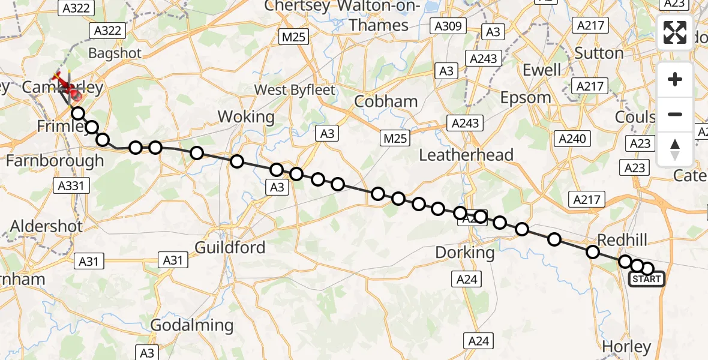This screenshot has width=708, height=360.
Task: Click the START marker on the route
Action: (x=646, y=279)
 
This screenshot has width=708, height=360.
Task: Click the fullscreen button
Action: (x=675, y=32)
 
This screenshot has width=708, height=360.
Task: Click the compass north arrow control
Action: (x=675, y=149)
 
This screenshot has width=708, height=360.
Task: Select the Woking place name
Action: (x=246, y=116)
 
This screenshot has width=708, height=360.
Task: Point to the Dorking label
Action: (x=464, y=253)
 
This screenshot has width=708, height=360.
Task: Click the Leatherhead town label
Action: (x=466, y=155)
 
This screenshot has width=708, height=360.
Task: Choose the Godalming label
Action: (x=191, y=326)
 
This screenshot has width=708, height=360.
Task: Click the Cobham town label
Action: (x=386, y=101)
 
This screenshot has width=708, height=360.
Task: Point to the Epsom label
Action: (x=525, y=97)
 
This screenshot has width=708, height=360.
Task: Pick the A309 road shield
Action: (x=447, y=26)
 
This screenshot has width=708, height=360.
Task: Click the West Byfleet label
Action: (x=295, y=90)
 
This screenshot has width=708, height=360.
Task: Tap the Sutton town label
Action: (x=599, y=53)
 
